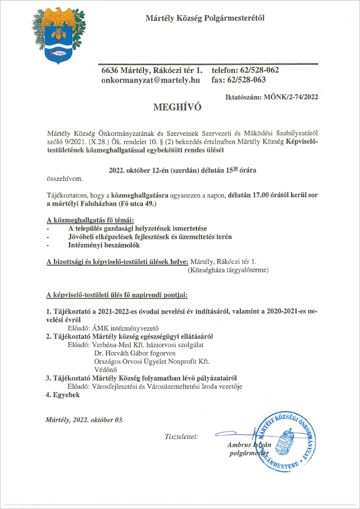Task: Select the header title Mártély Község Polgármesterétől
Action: pos(205,18)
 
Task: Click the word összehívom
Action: pos(64,179)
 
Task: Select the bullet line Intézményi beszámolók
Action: pos(103,244)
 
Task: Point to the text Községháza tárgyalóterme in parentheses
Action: pos(229,270)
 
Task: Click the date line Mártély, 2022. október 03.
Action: pos(85,419)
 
